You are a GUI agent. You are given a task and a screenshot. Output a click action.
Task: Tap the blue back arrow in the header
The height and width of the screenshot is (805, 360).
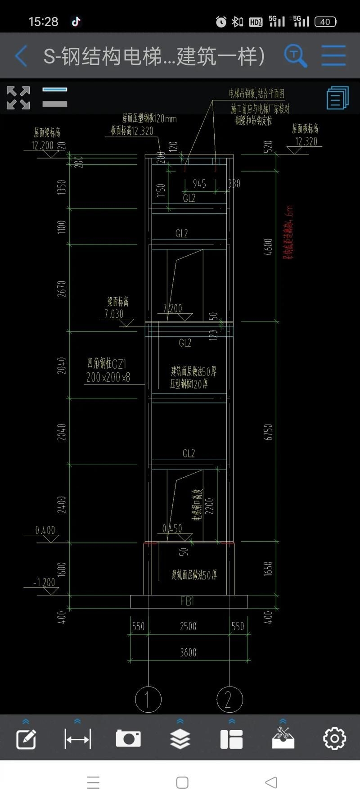pyautogui.click(x=21, y=56)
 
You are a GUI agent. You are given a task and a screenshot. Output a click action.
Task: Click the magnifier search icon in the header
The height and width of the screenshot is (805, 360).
pyautogui.click(x=295, y=56)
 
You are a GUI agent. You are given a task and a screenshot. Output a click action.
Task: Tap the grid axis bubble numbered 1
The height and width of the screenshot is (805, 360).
pyautogui.click(x=148, y=699)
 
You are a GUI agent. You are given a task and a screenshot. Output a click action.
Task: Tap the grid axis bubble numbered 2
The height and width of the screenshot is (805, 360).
pyautogui.click(x=229, y=699)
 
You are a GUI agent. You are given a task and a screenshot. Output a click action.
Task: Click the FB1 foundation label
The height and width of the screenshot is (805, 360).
pyautogui.click(x=187, y=601)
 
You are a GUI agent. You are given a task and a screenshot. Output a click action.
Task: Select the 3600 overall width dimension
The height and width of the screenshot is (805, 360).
pyautogui.click(x=188, y=652)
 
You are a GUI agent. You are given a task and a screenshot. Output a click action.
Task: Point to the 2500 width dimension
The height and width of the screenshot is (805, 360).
pyautogui.click(x=188, y=626)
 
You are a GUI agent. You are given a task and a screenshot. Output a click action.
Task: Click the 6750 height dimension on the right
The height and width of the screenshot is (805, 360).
pyautogui.click(x=268, y=432)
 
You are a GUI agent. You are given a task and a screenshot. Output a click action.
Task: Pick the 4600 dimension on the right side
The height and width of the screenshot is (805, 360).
pyautogui.click(x=268, y=247)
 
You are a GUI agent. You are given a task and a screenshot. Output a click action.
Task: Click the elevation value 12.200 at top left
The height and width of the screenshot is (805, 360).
pyautogui.click(x=42, y=145)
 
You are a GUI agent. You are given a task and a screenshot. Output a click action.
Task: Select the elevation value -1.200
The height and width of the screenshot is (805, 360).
pyautogui.click(x=44, y=583)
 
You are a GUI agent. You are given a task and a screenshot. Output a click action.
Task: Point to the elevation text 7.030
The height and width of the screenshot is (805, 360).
pyautogui.click(x=114, y=314)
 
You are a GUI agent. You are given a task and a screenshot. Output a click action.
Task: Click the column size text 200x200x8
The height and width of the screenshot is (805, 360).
pyautogui.click(x=108, y=377)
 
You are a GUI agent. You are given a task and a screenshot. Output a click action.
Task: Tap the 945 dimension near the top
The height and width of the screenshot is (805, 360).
pyautogui.click(x=199, y=184)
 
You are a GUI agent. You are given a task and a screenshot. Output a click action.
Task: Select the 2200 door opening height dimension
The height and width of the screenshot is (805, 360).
pyautogui.click(x=209, y=506)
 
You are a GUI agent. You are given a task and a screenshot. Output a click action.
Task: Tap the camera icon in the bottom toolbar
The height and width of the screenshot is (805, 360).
pyautogui.click(x=128, y=739)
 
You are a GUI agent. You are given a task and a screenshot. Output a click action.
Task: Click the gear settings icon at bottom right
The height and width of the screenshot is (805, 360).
pyautogui.click(x=334, y=739)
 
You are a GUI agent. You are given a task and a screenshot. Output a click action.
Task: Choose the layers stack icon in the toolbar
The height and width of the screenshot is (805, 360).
pyautogui.click(x=180, y=739)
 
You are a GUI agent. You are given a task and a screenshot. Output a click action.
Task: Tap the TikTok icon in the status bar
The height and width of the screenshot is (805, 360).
pyautogui.click(x=76, y=22)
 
